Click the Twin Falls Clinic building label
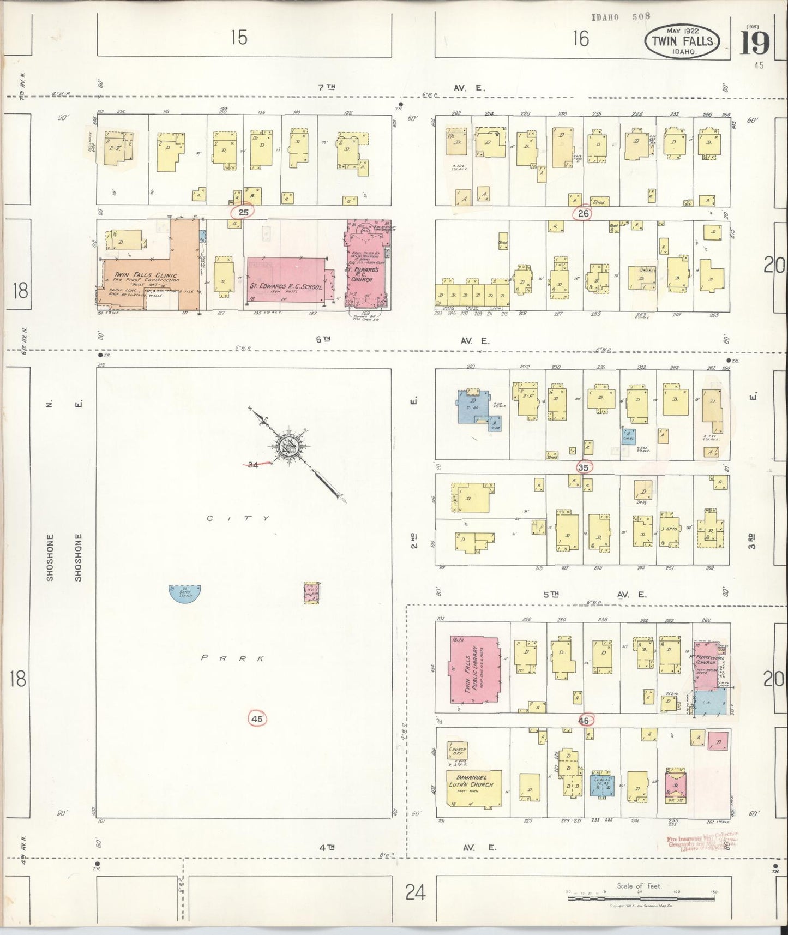point(146,277)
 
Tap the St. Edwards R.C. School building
point(286,280)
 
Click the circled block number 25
point(243,212)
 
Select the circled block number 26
point(584,213)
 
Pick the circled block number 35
point(584,467)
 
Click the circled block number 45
point(257,719)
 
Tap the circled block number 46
point(585,720)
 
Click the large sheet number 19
point(754,43)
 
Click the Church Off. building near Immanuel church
point(457,751)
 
